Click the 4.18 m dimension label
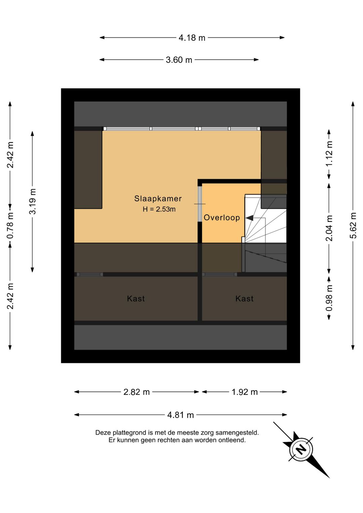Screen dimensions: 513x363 click(192, 38)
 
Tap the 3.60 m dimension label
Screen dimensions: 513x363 click(179, 60)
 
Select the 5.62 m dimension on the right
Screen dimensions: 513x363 click(353, 225)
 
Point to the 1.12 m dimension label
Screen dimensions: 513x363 click(329, 153)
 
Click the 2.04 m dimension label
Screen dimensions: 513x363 click(329, 228)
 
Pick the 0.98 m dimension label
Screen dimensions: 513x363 click(329, 298)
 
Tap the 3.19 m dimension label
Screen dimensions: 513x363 click(33, 201)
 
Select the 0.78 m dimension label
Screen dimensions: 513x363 click(10, 225)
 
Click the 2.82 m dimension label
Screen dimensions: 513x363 click(136, 392)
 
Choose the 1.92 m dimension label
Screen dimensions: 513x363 click(244, 392)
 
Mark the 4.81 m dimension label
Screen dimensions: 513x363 click(180, 415)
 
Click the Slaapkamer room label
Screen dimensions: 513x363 click(158, 199)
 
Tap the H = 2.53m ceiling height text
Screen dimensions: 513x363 click(159, 209)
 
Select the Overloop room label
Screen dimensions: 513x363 click(222, 218)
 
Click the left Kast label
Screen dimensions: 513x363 click(136, 299)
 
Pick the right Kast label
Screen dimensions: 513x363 click(244, 299)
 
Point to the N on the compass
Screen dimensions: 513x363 click(301, 449)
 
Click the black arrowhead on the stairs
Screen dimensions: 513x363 click(249, 218)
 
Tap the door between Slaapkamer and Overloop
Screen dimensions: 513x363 click(199, 204)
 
